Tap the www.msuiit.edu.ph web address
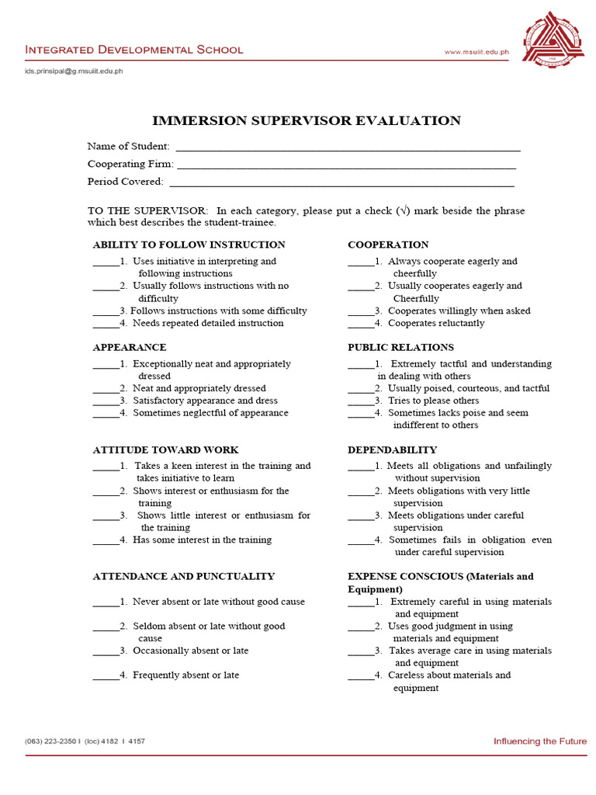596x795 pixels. [476, 52]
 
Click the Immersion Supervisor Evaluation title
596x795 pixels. [307, 120]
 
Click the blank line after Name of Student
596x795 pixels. [348, 148]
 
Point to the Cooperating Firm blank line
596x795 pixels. [346, 165]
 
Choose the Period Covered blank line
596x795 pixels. [341, 183]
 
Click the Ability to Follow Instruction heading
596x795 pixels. [189, 245]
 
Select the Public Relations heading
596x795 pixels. [400, 347]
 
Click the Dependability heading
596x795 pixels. [392, 450]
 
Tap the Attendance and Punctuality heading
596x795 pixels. [183, 576]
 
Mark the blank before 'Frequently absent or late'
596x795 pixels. [106, 676]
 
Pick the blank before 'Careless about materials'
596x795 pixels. [361, 676]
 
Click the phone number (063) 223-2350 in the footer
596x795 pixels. [51, 741]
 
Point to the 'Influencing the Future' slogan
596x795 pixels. [540, 741]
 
